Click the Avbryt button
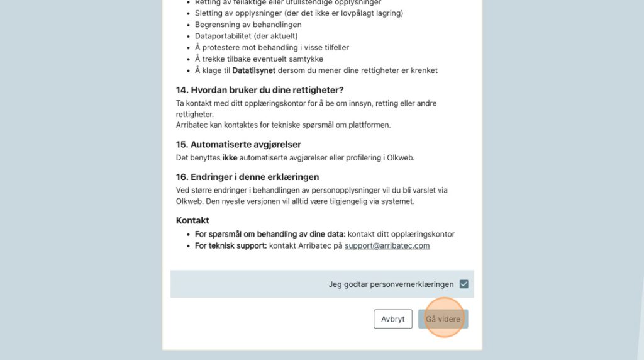pyautogui.click(x=392, y=319)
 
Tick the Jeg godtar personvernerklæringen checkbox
pyautogui.click(x=464, y=284)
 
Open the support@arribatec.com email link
pyautogui.click(x=387, y=245)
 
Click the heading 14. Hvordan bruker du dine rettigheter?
pyautogui.click(x=260, y=90)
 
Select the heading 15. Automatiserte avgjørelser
pyautogui.click(x=238, y=144)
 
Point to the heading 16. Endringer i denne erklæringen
pyautogui.click(x=247, y=177)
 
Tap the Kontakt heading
pyautogui.click(x=192, y=220)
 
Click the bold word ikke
pyautogui.click(x=230, y=157)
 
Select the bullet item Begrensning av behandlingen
pyautogui.click(x=248, y=25)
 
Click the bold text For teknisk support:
pyautogui.click(x=231, y=245)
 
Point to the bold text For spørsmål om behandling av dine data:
pyautogui.click(x=270, y=234)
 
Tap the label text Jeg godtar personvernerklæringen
pyautogui.click(x=391, y=284)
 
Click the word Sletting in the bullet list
pyautogui.click(x=209, y=13)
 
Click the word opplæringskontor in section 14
pyautogui.click(x=267, y=103)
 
